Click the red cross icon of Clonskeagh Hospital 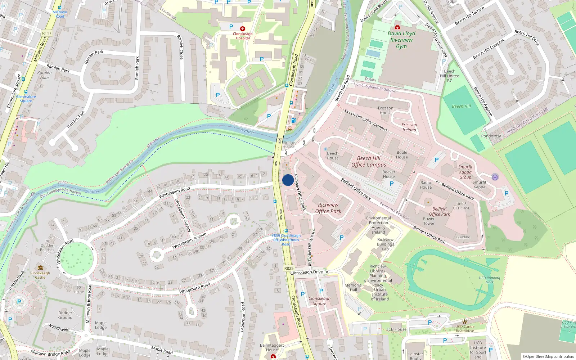[243, 28]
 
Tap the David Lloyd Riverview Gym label [401, 40]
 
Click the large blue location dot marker [288, 180]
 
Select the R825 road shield [289, 268]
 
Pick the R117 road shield [47, 33]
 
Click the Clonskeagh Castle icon [40, 268]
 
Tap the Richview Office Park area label [328, 208]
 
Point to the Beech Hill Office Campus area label [369, 161]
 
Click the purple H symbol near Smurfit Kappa [495, 177]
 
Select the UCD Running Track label [489, 280]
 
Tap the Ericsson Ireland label [409, 127]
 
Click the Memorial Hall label [354, 287]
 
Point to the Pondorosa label [491, 136]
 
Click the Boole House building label [402, 154]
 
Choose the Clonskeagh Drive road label [306, 273]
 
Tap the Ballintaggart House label [272, 347]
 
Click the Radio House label [426, 185]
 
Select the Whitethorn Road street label [195, 288]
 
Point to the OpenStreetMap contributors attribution [548, 356]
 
